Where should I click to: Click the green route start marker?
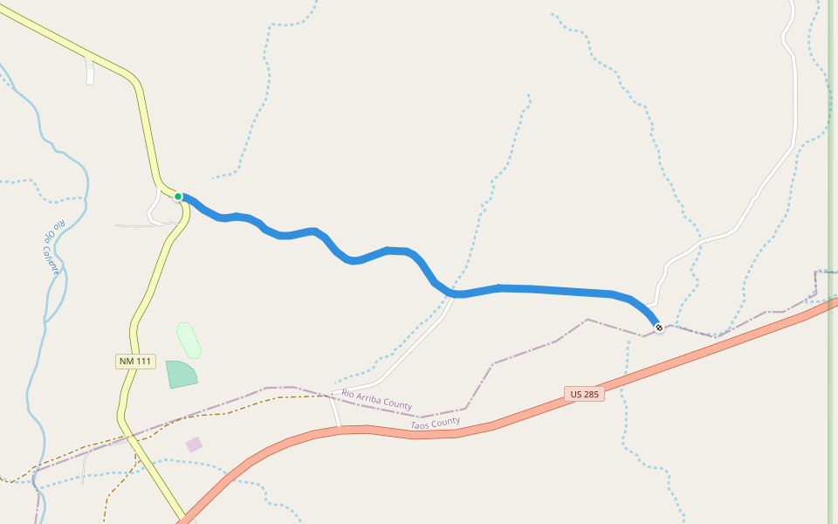[178, 196]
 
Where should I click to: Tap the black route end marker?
[659, 327]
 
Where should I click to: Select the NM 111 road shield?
[135, 362]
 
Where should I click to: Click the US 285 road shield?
[584, 394]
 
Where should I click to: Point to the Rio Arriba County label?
[376, 399]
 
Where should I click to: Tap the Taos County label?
[435, 423]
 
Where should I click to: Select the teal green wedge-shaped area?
[181, 374]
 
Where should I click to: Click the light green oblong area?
[189, 340]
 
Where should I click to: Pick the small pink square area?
[194, 445]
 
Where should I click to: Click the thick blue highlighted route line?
[541, 289]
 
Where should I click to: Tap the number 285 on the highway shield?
[590, 394]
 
